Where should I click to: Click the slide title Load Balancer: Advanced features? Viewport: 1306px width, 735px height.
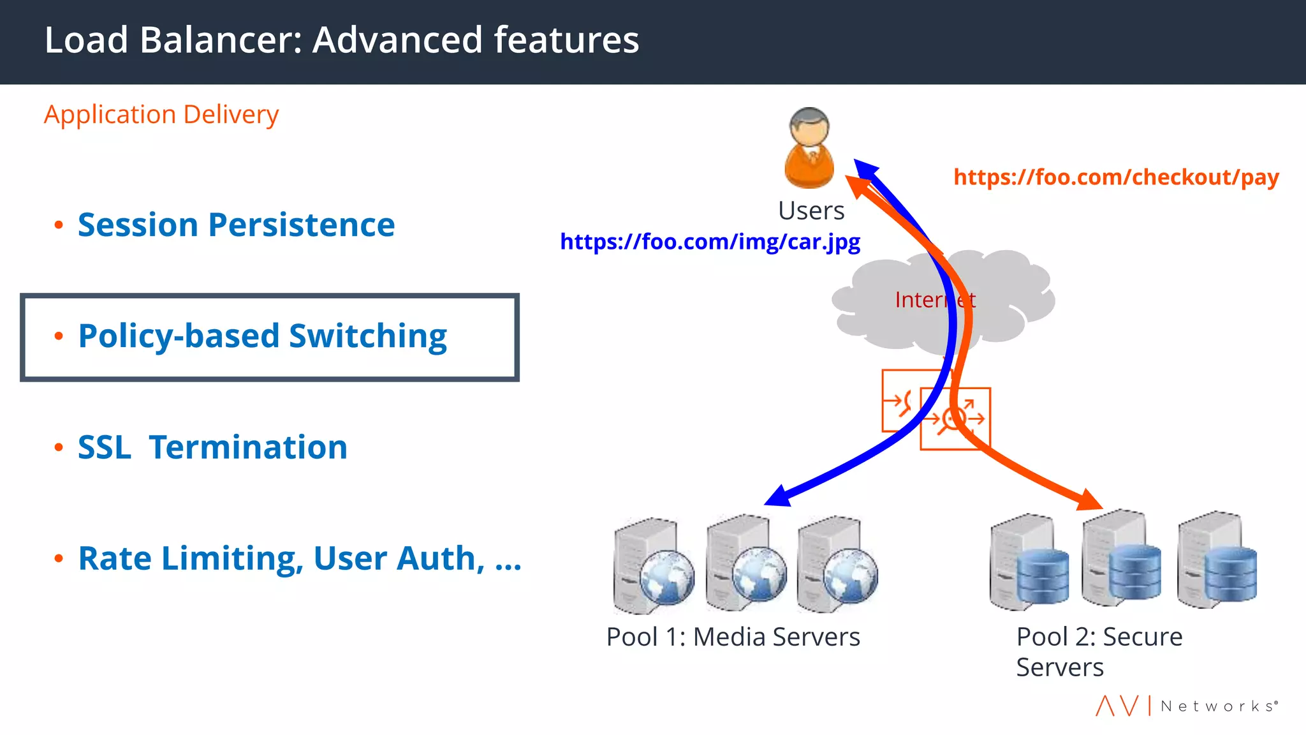coord(341,40)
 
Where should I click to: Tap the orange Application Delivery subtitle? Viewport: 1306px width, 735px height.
coord(161,115)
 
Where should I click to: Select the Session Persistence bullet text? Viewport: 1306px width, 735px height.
coord(236,225)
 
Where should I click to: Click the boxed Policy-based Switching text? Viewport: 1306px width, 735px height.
coord(262,336)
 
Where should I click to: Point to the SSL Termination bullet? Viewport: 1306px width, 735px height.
coord(212,447)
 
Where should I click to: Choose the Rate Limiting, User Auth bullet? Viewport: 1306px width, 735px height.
coord(299,558)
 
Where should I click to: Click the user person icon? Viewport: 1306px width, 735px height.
coord(809,148)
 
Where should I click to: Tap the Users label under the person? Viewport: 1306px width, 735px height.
coord(811,211)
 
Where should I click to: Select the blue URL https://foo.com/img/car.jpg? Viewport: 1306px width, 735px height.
coord(710,242)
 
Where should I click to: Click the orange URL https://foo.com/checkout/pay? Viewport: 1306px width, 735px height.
coord(1116,177)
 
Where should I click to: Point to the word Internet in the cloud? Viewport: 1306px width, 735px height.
coord(934,300)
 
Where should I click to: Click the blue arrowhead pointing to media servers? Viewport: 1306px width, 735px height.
coord(779,496)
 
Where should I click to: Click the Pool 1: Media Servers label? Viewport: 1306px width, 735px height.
coord(733,637)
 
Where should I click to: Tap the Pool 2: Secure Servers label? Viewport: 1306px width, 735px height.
coord(1098,651)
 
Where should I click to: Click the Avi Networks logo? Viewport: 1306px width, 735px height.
coord(1187,706)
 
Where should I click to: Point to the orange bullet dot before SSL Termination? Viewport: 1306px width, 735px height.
coord(59,447)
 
